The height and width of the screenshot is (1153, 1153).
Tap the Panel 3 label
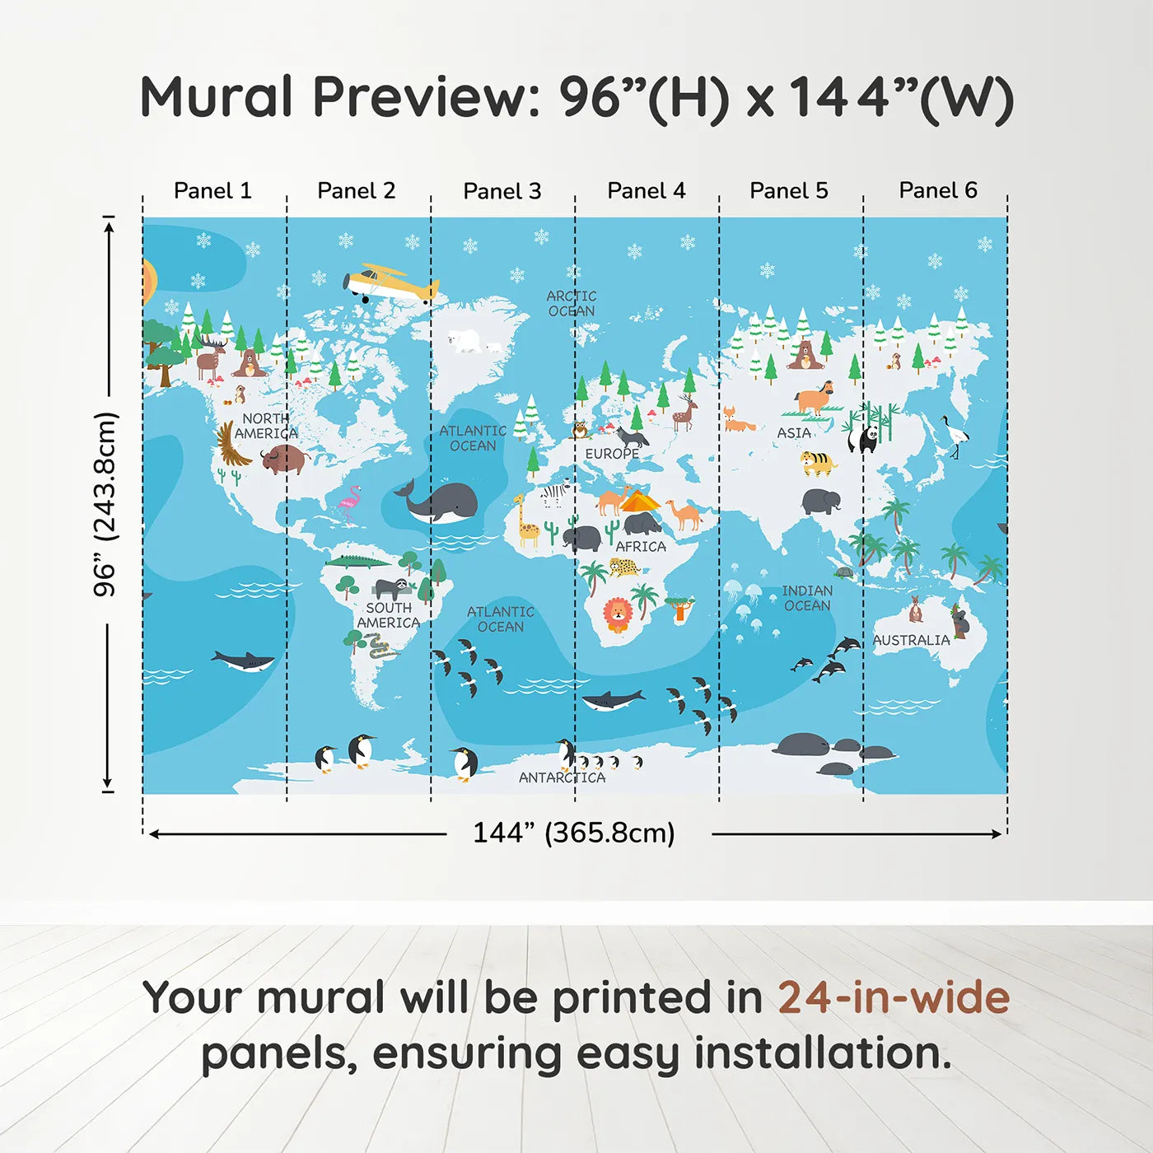pos(502,191)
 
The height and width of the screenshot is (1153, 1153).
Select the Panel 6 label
pos(937,190)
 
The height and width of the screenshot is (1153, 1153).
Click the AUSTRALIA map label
pos(911,640)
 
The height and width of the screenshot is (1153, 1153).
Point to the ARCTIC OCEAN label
pos(572,303)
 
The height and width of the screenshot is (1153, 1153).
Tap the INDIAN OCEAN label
pos(807,598)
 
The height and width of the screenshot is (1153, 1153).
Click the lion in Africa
pos(617,614)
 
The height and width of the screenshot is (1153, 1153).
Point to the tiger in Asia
pos(817,463)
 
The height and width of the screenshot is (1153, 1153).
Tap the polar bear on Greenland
pos(465,340)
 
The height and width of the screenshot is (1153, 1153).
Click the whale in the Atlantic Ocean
pos(440,502)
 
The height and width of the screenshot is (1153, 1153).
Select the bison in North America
pos(284,458)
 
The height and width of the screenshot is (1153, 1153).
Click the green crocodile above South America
pos(357,562)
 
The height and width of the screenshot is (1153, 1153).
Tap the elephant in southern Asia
pos(821,501)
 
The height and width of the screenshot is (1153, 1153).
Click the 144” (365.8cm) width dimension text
pos(574,833)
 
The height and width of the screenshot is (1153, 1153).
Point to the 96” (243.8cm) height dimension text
pos(105,504)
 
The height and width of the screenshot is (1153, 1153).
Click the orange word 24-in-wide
pos(893,997)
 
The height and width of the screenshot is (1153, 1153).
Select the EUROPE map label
pos(612,454)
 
